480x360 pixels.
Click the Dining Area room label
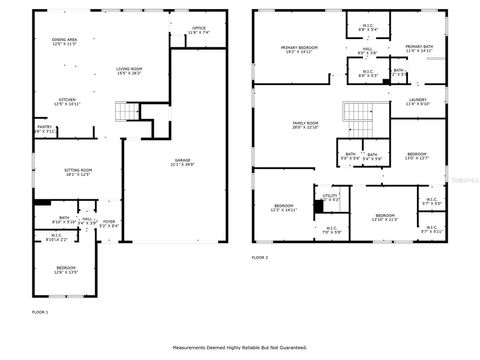pyautogui.click(x=64, y=42)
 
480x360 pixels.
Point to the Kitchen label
pyautogui.click(x=66, y=102)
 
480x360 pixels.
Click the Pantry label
pyautogui.click(x=44, y=129)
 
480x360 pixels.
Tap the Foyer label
pyautogui.click(x=109, y=224)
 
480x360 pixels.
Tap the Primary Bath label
pyautogui.click(x=419, y=49)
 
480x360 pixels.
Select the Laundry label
pyautogui.click(x=418, y=102)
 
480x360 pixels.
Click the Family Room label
pyautogui.click(x=304, y=125)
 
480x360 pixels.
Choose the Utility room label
pyautogui.click(x=331, y=198)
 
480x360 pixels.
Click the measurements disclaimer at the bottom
pyautogui.click(x=239, y=348)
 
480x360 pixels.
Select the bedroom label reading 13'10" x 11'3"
pyautogui.click(x=385, y=217)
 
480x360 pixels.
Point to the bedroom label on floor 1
pyautogui.click(x=66, y=270)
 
